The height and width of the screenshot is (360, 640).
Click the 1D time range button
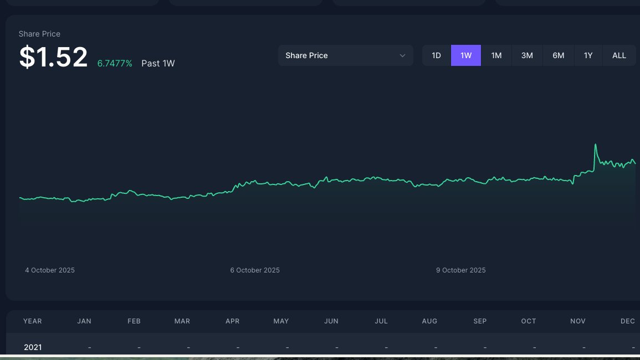click(437, 55)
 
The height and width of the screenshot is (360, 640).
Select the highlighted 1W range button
click(466, 55)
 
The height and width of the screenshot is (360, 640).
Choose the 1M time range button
click(496, 55)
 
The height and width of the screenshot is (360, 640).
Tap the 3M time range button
click(527, 55)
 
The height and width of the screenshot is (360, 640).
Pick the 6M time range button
click(558, 55)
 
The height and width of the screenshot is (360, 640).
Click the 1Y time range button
click(588, 55)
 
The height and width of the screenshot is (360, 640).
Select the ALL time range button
click(619, 55)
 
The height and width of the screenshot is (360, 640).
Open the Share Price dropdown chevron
click(403, 55)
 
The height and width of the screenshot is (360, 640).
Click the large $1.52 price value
click(53, 57)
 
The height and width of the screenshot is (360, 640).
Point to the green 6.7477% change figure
click(115, 64)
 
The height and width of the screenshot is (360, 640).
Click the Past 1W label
click(158, 64)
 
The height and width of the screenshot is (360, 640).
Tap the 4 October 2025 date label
click(50, 270)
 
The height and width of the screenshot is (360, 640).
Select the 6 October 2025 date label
click(255, 270)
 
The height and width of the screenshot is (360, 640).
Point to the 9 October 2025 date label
click(461, 270)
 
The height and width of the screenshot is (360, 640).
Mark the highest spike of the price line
click(596, 145)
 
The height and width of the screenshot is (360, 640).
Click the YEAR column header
click(33, 321)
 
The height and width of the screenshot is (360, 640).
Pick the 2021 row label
click(33, 347)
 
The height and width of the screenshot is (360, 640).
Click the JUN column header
click(331, 321)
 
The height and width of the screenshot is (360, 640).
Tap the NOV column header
click(578, 321)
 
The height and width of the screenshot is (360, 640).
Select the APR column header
click(233, 321)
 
